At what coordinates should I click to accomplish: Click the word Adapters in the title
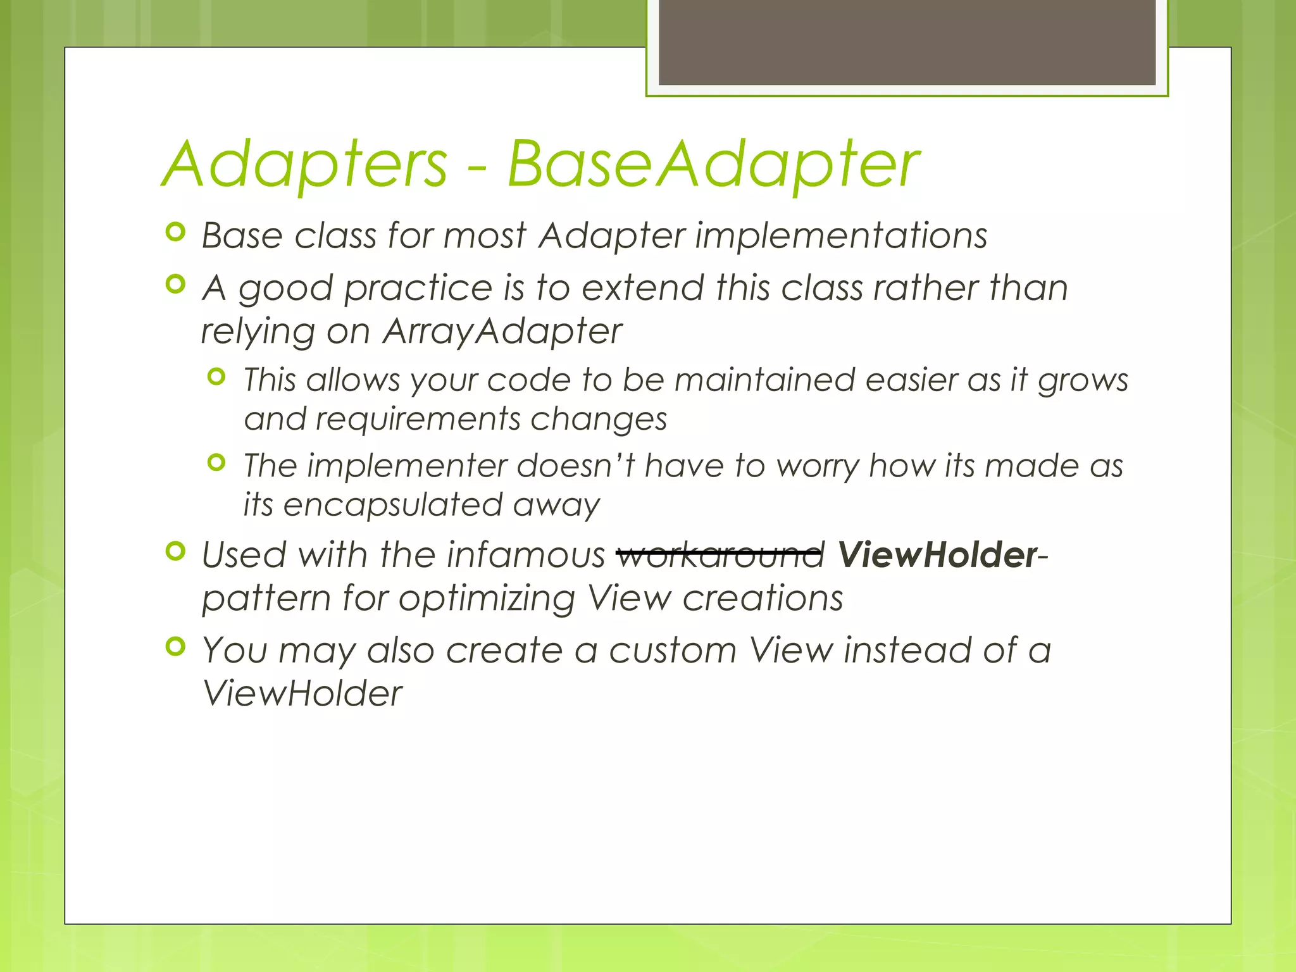tap(306, 165)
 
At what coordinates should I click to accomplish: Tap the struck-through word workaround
tap(721, 555)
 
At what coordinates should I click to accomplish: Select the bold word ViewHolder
tap(937, 555)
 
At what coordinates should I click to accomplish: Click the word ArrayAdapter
tap(502, 331)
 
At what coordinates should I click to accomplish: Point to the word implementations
tap(841, 236)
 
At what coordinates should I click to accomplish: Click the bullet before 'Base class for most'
tap(175, 232)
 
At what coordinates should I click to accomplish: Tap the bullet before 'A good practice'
tap(175, 284)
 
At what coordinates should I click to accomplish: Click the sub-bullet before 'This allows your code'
tap(216, 377)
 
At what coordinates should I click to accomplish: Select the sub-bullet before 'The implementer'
tap(216, 463)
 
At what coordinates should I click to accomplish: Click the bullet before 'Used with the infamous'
tap(175, 551)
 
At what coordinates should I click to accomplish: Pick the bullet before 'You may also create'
tap(175, 647)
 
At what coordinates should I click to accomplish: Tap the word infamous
tap(526, 555)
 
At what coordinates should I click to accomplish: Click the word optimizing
tap(486, 599)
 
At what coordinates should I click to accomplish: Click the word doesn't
tap(576, 466)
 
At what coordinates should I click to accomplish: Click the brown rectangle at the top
tap(907, 42)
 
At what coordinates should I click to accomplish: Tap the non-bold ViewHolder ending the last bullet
tap(302, 694)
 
